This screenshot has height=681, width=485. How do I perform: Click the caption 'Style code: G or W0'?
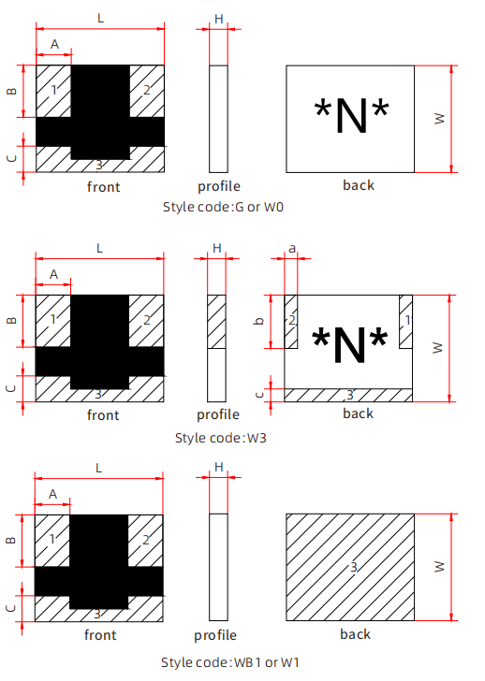pyautogui.click(x=223, y=207)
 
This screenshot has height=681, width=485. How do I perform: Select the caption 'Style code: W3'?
pyautogui.click(x=221, y=438)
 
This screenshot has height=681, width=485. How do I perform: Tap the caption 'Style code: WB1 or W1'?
pyautogui.click(x=230, y=662)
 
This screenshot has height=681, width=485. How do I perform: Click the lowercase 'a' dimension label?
pyautogui.click(x=292, y=249)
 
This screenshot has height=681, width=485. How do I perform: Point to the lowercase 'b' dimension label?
pyautogui.click(x=259, y=321)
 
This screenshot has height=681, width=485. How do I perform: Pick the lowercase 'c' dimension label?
pyautogui.click(x=259, y=395)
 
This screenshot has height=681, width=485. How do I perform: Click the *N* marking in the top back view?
pyautogui.click(x=351, y=116)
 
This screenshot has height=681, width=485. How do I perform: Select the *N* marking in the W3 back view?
pyautogui.click(x=350, y=345)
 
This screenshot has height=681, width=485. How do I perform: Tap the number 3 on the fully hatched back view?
pyautogui.click(x=354, y=567)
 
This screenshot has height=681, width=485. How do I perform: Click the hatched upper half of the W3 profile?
pyautogui.click(x=216, y=322)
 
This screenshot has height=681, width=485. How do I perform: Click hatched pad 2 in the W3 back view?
pyautogui.click(x=291, y=322)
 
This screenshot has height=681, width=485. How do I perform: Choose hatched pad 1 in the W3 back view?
pyautogui.click(x=406, y=322)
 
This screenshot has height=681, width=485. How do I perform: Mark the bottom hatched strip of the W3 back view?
pyautogui.click(x=348, y=395)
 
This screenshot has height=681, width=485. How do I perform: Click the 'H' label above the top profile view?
pyautogui.click(x=218, y=19)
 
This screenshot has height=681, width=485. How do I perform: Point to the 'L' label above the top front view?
pyautogui.click(x=100, y=19)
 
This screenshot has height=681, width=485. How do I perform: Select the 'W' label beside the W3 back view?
pyautogui.click(x=438, y=348)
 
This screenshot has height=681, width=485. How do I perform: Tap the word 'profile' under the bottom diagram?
pyautogui.click(x=215, y=635)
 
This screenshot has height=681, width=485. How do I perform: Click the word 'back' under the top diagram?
pyautogui.click(x=359, y=185)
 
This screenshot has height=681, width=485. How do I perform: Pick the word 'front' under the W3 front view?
pyautogui.click(x=103, y=415)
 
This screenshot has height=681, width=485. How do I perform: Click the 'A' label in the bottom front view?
pyautogui.click(x=52, y=494)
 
